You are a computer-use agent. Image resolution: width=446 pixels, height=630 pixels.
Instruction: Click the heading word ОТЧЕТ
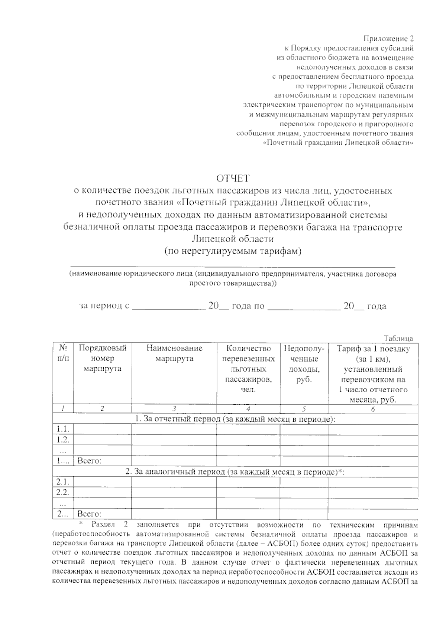click(x=233, y=179)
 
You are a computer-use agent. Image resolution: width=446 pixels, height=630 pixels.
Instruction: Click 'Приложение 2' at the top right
click(x=388, y=39)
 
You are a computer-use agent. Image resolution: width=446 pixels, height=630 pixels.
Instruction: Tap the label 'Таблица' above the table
click(x=399, y=339)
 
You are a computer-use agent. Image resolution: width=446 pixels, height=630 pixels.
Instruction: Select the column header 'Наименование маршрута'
click(x=174, y=353)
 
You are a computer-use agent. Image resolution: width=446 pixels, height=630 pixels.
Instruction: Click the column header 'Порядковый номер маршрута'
click(x=103, y=359)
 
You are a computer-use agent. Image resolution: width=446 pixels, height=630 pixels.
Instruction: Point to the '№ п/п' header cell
click(x=63, y=353)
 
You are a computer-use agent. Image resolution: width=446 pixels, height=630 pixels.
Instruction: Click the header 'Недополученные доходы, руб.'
click(x=304, y=364)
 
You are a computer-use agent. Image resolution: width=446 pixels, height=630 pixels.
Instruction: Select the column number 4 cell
click(x=248, y=409)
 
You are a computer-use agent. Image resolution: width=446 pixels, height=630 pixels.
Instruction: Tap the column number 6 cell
click(x=373, y=409)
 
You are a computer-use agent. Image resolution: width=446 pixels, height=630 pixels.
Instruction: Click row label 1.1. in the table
click(x=63, y=430)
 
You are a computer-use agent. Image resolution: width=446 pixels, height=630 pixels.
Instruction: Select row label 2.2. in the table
click(x=63, y=493)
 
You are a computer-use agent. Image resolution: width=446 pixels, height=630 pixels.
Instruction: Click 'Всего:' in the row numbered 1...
click(x=89, y=461)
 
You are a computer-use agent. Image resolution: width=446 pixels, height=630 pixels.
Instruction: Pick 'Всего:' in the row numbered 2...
click(x=89, y=514)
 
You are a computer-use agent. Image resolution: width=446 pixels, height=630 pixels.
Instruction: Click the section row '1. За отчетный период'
click(x=235, y=419)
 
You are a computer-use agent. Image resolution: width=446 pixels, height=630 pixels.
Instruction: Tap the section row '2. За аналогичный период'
click(x=235, y=472)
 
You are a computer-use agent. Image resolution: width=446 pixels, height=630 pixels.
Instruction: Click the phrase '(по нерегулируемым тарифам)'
click(x=233, y=251)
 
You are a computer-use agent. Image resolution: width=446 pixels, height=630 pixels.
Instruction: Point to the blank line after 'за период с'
click(x=169, y=308)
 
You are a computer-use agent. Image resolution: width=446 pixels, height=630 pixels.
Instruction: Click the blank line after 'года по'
click(x=304, y=308)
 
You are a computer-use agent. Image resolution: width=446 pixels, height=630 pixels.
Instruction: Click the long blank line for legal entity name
click(x=233, y=266)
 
